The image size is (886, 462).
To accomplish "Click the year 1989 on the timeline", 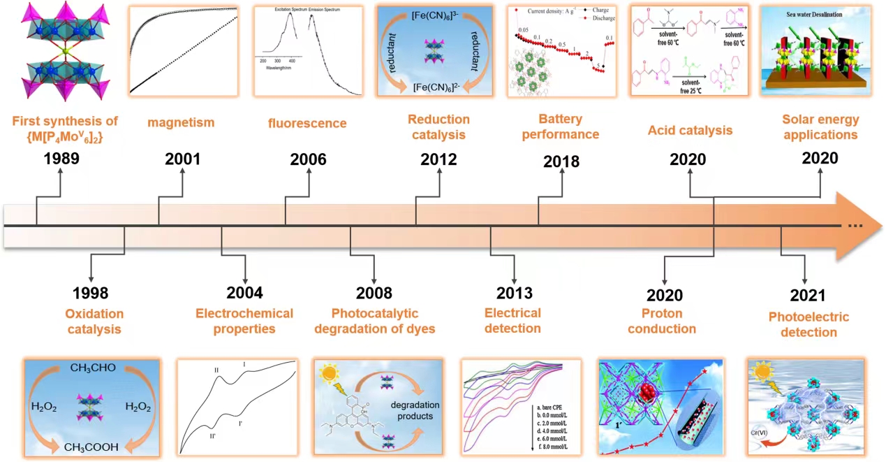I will (x=61, y=159).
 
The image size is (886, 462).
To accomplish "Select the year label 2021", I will (x=808, y=296).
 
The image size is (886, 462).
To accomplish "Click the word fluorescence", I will (x=307, y=124).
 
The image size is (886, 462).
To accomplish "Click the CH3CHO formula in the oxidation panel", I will (x=92, y=366).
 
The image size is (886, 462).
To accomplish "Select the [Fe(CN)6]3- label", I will (x=440, y=15).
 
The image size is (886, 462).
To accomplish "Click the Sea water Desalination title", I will (x=820, y=13).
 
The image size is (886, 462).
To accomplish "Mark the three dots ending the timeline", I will (x=855, y=226).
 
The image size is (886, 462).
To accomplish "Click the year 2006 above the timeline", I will (x=308, y=159).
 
